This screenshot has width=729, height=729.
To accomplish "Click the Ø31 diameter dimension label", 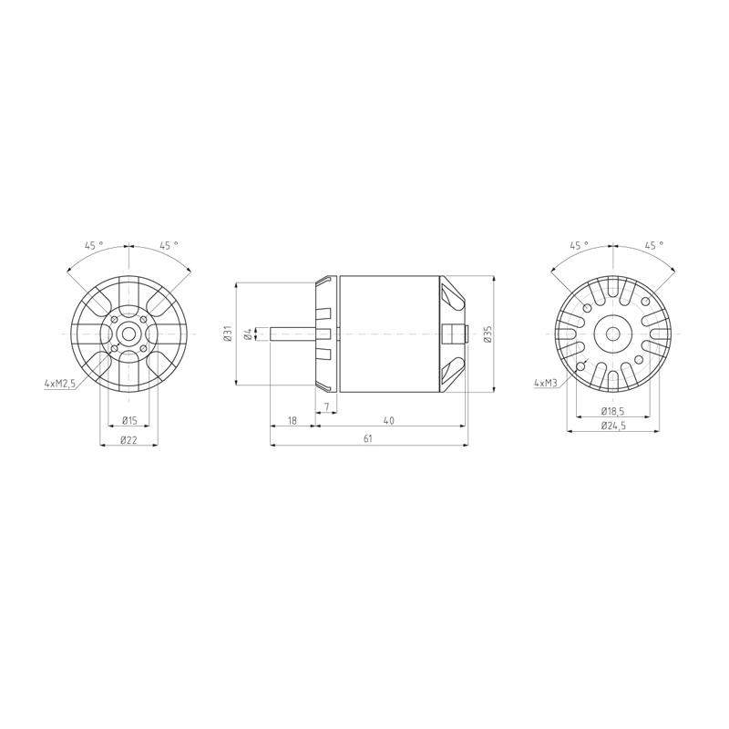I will point(227,334).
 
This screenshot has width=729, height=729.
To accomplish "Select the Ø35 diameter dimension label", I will point(488,334).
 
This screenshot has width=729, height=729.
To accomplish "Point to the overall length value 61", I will point(367,438).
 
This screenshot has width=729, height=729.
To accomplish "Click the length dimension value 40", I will point(389,420).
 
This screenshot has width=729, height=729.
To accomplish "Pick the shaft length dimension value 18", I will point(293,420).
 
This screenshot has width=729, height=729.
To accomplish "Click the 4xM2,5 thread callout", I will point(59,385).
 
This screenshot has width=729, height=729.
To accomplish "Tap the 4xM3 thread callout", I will point(547,385).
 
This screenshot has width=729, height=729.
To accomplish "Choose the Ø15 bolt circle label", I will point(128,420).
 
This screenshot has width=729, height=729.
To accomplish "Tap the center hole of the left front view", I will point(128,334).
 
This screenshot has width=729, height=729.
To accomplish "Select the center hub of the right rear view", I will point(611,334).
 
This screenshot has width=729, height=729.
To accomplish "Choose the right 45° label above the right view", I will point(652,245).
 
